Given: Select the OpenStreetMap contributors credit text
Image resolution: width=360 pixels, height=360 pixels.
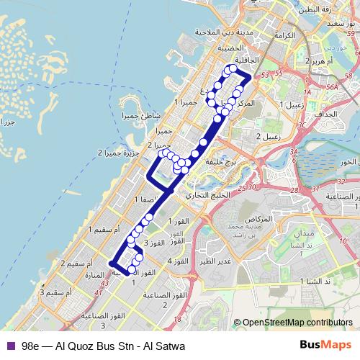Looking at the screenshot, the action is [x=297, y=323].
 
